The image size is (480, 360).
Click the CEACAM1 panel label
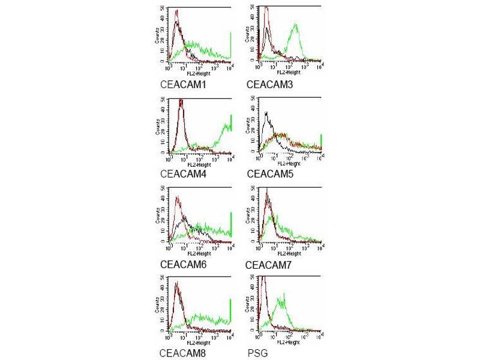[184, 85]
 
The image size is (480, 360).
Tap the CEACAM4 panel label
[184, 175]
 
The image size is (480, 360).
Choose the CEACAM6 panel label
[184, 264]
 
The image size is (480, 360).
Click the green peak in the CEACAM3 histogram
[295, 26]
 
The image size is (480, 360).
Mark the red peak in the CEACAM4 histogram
[181, 101]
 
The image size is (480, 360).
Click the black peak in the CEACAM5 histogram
[265, 113]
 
